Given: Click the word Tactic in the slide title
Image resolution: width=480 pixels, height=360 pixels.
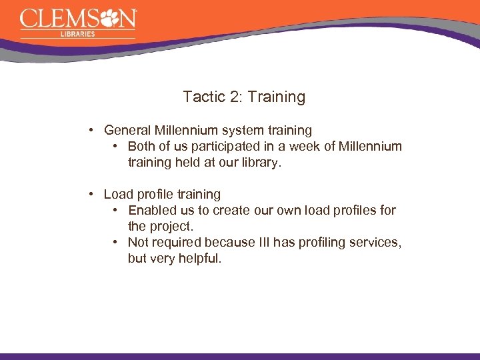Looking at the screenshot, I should click(203, 97).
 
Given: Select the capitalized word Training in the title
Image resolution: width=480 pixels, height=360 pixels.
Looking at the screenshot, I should click(276, 98).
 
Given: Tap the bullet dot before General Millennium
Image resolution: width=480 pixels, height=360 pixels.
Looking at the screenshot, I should click(93, 130).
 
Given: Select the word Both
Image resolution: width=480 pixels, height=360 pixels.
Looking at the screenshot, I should click(142, 146).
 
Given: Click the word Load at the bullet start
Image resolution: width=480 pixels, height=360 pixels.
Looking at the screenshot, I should click(118, 194).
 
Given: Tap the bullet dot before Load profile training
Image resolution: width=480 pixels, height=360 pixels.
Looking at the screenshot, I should click(93, 194).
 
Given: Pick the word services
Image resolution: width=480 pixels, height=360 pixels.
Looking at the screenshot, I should click(377, 242).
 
